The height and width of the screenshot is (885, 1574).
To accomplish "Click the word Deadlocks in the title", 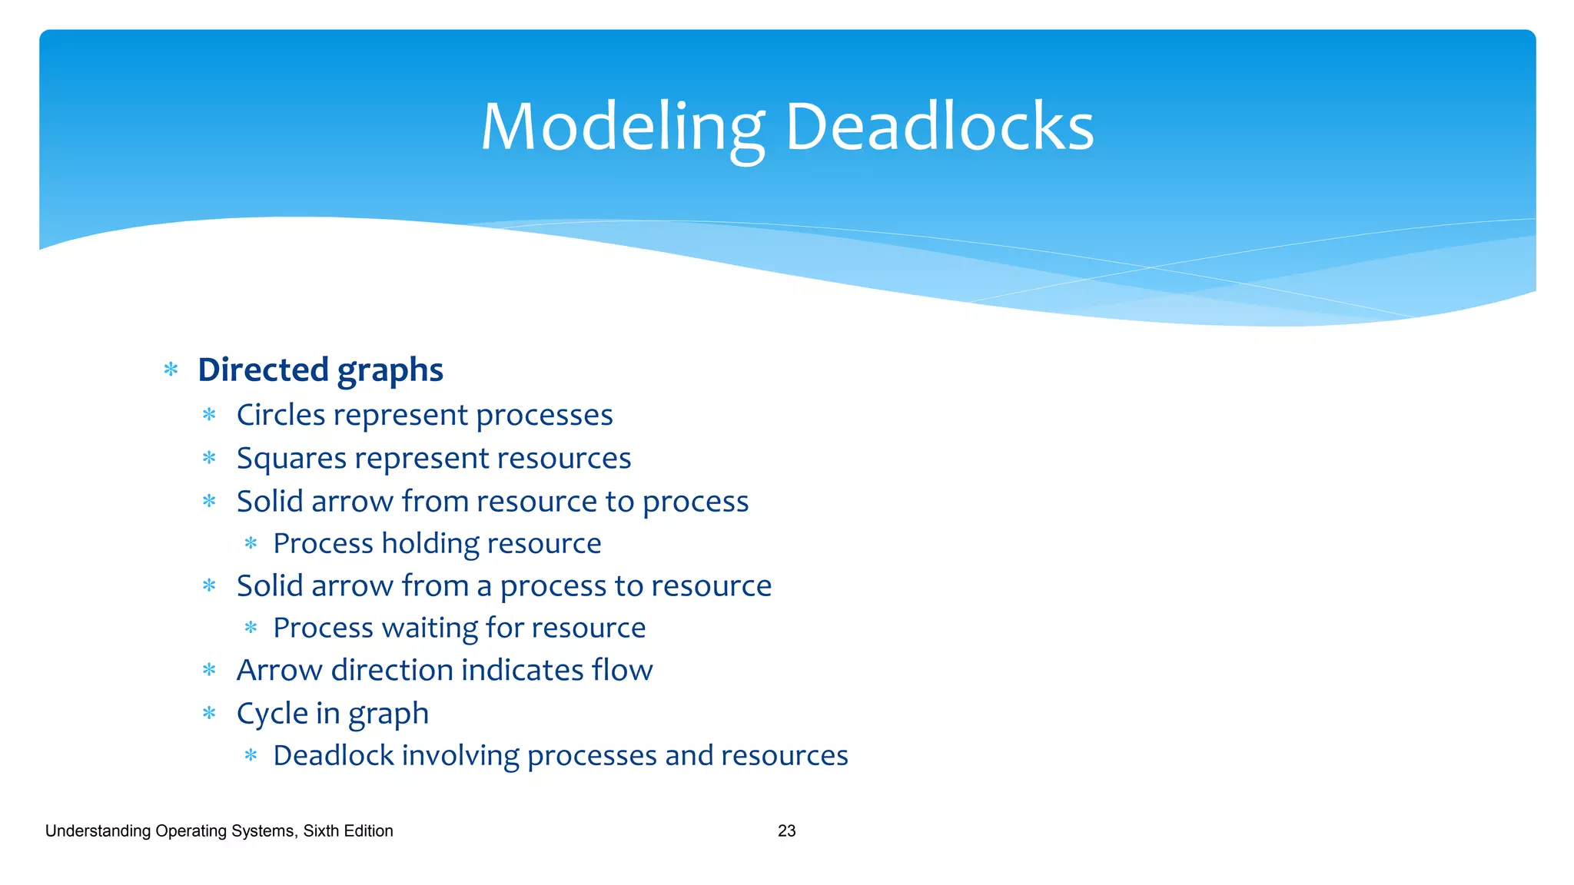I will [x=939, y=128].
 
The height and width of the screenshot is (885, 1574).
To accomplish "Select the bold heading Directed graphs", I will [x=320, y=370].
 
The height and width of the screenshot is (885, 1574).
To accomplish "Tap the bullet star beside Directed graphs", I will [x=171, y=370].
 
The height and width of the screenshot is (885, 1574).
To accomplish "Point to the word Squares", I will [x=291, y=459].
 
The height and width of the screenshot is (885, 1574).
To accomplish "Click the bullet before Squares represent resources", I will [x=209, y=459].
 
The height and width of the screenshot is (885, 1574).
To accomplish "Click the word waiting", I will [x=430, y=628].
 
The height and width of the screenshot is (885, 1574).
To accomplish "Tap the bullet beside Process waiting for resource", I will [x=251, y=628].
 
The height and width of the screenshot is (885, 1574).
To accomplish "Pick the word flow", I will [x=622, y=671].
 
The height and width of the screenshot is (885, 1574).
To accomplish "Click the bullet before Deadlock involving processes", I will [x=251, y=756].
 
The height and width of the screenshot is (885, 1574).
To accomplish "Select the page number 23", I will [x=786, y=831].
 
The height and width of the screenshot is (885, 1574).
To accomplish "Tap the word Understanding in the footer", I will [x=98, y=831].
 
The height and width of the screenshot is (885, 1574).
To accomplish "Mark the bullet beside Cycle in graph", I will [x=209, y=714].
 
